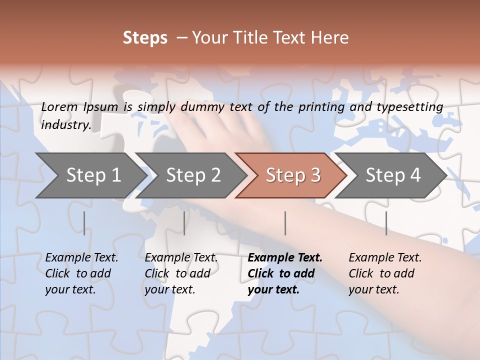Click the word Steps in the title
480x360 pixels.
point(145,38)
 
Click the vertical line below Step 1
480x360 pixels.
point(84,223)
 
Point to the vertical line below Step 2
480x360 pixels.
point(184,223)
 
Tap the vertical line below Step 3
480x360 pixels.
point(285,223)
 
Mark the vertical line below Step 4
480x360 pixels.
point(386,223)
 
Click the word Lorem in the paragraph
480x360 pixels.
point(59,106)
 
